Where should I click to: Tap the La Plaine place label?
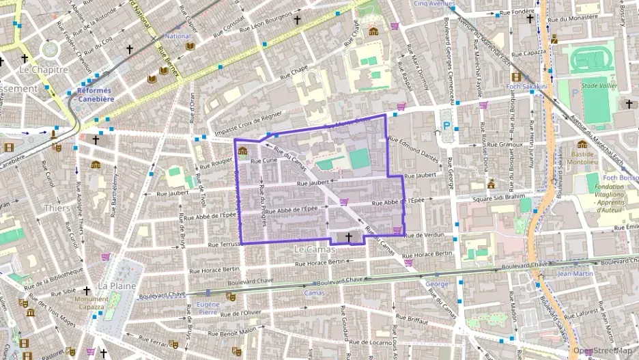117,285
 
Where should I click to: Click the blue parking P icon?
447,126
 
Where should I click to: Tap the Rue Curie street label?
263,161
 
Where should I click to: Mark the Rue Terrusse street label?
225,244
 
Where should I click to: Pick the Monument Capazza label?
91,303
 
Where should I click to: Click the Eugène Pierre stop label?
208,307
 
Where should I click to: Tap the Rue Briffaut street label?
412,319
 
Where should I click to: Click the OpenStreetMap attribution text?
602,350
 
